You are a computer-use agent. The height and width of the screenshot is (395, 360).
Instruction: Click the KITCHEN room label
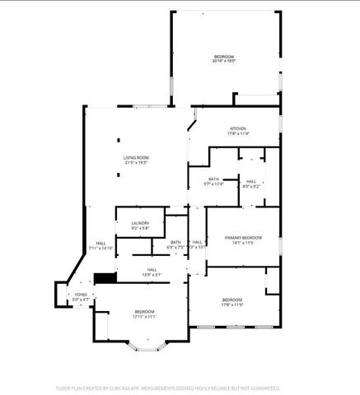238,129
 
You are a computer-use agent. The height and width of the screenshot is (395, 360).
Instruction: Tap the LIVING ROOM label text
136,157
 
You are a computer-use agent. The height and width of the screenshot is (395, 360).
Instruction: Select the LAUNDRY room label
140,223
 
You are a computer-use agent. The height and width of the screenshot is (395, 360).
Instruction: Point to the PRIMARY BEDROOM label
245,237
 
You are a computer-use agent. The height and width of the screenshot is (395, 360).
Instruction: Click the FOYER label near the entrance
81,294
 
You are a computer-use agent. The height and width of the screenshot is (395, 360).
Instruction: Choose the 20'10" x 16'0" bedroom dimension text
224,61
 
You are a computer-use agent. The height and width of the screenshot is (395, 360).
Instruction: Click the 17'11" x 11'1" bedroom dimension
145,316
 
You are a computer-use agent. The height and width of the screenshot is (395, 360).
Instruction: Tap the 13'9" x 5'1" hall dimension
152,275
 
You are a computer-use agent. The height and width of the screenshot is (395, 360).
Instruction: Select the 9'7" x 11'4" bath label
213,184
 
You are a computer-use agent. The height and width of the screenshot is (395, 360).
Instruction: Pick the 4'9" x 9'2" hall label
250,186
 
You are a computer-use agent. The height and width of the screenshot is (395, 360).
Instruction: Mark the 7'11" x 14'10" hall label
101,248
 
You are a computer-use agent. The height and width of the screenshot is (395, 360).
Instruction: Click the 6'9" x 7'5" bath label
175,247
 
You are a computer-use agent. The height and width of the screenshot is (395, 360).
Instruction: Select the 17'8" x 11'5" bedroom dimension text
232,304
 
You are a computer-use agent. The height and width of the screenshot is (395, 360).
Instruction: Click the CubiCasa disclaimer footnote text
168,387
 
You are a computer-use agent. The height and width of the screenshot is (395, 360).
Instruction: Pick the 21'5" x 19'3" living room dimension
136,163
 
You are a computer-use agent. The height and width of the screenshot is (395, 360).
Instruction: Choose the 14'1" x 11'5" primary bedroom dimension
245,243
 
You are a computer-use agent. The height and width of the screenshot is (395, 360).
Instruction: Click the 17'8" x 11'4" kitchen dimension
238,135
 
